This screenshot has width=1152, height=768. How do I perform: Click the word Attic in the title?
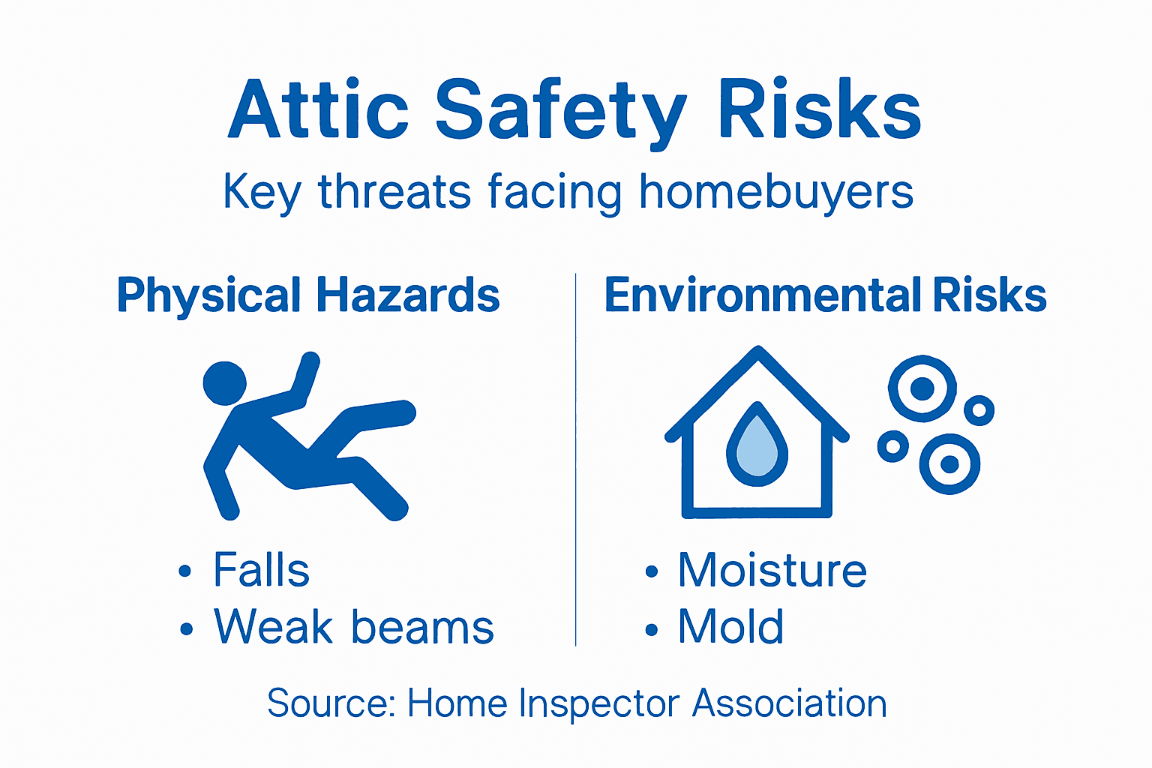[318, 111]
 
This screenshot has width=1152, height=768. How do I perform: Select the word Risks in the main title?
[819, 111]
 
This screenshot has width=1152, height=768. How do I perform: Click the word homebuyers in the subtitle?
[776, 192]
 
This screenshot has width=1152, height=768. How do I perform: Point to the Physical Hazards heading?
[308, 295]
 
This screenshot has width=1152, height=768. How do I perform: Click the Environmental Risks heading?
[825, 295]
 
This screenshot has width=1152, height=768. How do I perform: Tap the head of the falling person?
[224, 383]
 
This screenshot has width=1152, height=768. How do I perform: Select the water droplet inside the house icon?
[757, 445]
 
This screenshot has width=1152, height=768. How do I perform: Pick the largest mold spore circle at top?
[922, 388]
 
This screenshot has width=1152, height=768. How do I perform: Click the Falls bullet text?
[261, 570]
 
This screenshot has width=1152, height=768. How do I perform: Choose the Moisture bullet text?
[772, 570]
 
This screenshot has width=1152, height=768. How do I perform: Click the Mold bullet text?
[730, 626]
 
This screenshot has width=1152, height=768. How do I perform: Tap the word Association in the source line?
[789, 703]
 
